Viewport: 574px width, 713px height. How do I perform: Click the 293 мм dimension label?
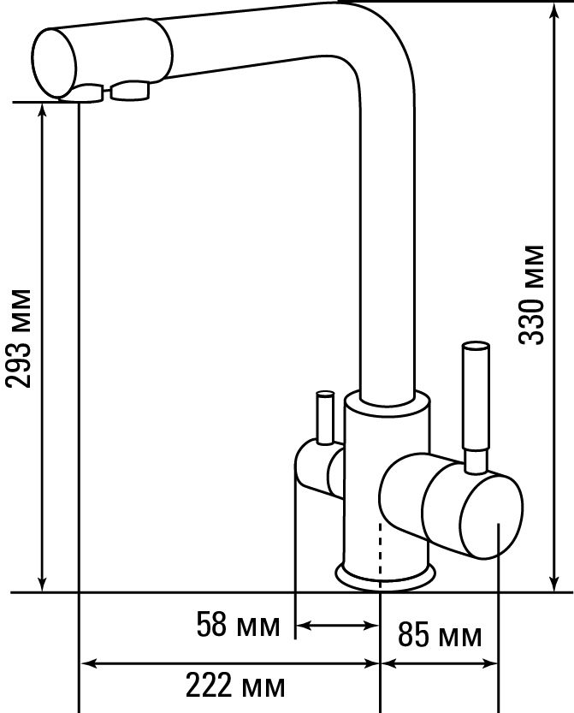click(x=18, y=337)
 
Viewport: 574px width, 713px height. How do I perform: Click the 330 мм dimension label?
click(x=531, y=294)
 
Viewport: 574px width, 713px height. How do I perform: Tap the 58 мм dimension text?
click(x=238, y=625)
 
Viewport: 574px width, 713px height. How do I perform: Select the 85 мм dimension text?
click(x=440, y=635)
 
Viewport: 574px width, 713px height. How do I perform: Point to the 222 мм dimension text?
click(x=235, y=686)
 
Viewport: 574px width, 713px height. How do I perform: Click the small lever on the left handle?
click(x=325, y=417)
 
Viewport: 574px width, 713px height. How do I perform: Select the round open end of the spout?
click(x=55, y=63)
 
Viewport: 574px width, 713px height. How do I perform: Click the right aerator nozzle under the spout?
click(x=129, y=90)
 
